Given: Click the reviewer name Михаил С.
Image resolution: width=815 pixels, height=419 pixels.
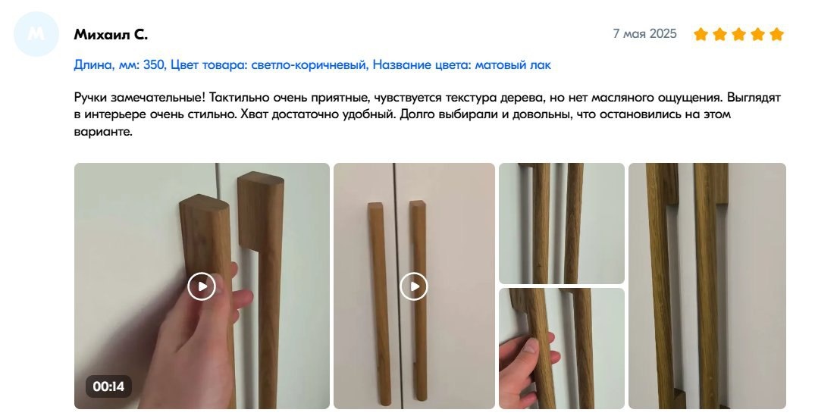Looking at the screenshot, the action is coord(111,35).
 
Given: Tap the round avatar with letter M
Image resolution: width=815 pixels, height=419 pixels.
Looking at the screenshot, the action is coord(36,34).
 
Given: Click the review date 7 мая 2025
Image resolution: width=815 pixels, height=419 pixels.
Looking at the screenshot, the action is coord(644,34).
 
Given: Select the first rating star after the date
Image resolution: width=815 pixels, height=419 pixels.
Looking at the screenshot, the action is coord(701,34).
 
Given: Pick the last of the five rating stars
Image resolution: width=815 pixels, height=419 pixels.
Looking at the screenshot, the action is coord(776,34).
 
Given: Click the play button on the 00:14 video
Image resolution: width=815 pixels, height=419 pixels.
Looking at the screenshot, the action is coord(202,286).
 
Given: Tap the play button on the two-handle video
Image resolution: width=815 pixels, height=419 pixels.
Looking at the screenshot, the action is coord(414,286).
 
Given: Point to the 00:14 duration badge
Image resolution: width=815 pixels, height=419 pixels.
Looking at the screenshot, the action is coord(108,386).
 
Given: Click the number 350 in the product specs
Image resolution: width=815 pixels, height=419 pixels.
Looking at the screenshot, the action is coord(154,65).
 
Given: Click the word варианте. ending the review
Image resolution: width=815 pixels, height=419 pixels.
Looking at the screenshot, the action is coord(103,131).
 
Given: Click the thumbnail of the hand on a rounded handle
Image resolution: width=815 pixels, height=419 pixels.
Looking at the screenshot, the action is coord(561,349).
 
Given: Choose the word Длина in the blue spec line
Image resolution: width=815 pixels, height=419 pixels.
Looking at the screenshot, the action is coord(92,65).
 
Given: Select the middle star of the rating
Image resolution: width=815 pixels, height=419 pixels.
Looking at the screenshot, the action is coord(738,34).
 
